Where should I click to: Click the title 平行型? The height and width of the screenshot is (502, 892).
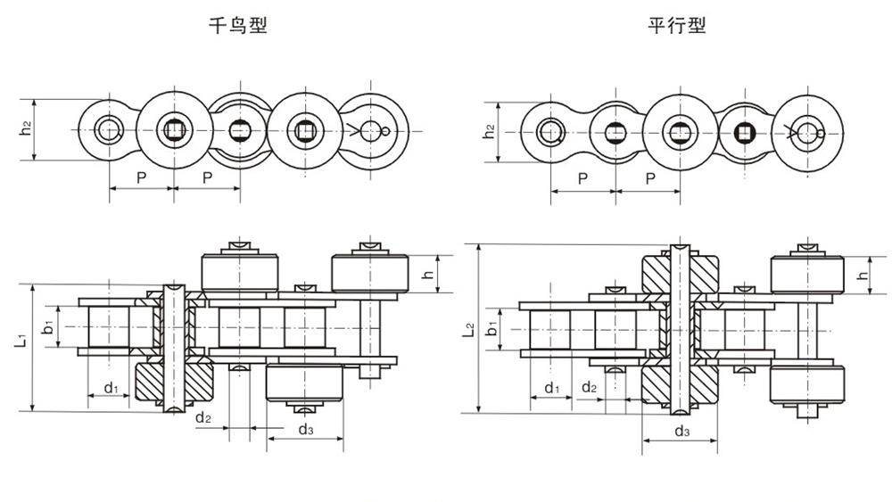[676, 26]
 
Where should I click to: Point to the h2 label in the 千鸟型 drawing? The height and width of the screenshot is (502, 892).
[26, 129]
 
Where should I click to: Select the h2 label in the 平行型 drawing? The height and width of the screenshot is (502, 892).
[489, 131]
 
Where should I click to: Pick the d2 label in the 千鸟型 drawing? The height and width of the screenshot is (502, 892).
[203, 416]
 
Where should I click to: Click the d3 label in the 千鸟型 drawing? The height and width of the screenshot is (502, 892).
[305, 430]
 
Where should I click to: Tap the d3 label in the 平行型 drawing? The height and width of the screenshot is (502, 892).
[681, 432]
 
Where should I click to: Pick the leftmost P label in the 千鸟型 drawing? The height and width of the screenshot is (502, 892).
[142, 178]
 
